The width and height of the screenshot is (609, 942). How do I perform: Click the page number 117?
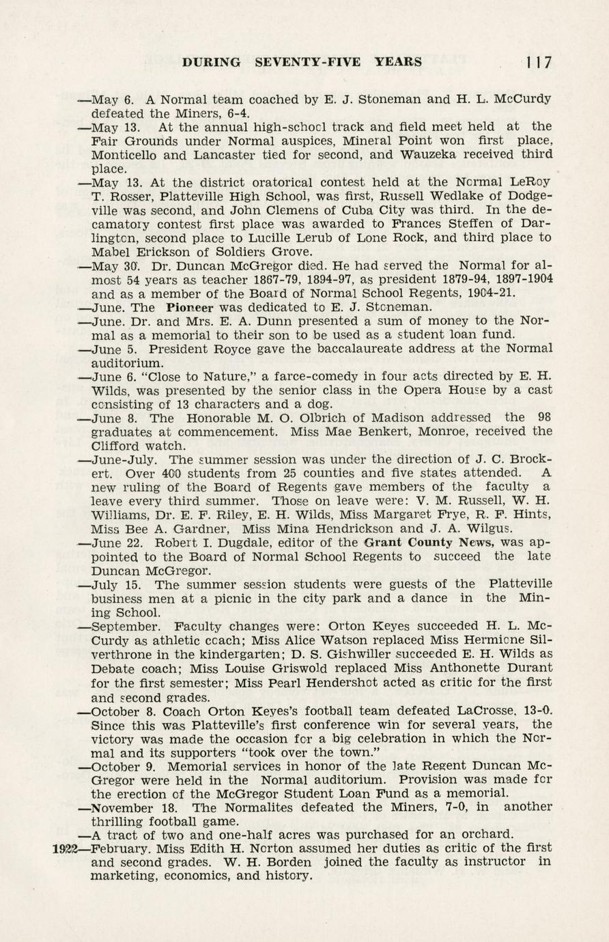coord(539,62)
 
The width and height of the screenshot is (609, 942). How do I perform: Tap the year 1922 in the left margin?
coord(66,848)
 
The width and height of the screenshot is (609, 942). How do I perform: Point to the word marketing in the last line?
coord(123,876)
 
